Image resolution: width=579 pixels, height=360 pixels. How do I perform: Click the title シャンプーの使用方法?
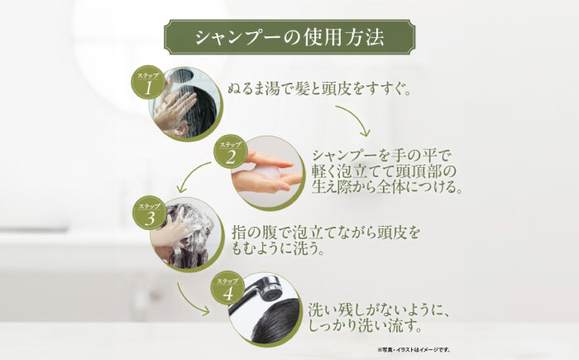tap(289, 37)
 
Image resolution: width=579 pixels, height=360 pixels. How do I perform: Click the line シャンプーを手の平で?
tap(385, 154)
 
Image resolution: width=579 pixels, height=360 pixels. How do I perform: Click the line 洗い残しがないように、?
tap(377, 311)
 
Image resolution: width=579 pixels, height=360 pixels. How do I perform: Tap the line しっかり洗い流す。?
tap(361, 328)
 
